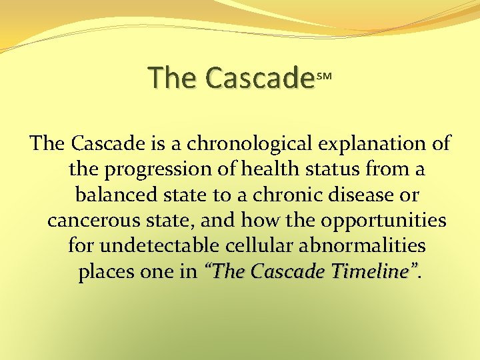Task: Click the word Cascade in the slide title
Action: click(x=259, y=78)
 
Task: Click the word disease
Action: click(x=359, y=195)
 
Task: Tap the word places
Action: click(x=107, y=272)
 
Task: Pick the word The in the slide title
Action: click(x=173, y=78)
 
